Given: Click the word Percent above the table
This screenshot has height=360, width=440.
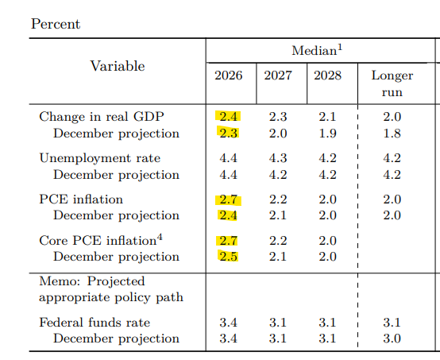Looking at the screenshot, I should [x=56, y=24].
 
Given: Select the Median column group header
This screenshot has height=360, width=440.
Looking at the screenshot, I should [x=316, y=51].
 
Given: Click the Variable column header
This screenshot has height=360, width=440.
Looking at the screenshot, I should [x=118, y=66].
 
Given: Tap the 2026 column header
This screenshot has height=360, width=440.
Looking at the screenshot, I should [x=229, y=75].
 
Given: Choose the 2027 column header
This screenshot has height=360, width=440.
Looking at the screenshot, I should [x=278, y=75].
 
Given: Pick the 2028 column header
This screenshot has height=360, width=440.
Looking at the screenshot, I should [x=327, y=75].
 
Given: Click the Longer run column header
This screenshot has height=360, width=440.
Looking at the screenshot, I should [x=392, y=83].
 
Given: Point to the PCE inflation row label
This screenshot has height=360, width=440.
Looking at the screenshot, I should [x=81, y=199].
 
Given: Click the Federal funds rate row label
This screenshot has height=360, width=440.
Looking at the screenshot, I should [x=95, y=323].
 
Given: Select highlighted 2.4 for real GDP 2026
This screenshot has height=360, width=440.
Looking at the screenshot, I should [x=229, y=117].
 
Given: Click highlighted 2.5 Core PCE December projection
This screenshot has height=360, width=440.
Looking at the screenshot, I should [x=229, y=257].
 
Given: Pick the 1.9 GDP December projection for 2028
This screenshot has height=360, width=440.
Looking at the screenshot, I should [x=327, y=134].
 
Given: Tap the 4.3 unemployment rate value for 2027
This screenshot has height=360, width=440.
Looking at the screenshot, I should [x=278, y=158].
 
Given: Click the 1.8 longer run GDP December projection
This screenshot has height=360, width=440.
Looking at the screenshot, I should [x=392, y=134].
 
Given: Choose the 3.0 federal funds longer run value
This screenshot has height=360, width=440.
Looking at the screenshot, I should [x=392, y=339].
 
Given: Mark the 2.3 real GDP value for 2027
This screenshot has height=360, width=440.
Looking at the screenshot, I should [x=278, y=117].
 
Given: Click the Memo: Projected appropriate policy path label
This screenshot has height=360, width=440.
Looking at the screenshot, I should [x=110, y=289].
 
